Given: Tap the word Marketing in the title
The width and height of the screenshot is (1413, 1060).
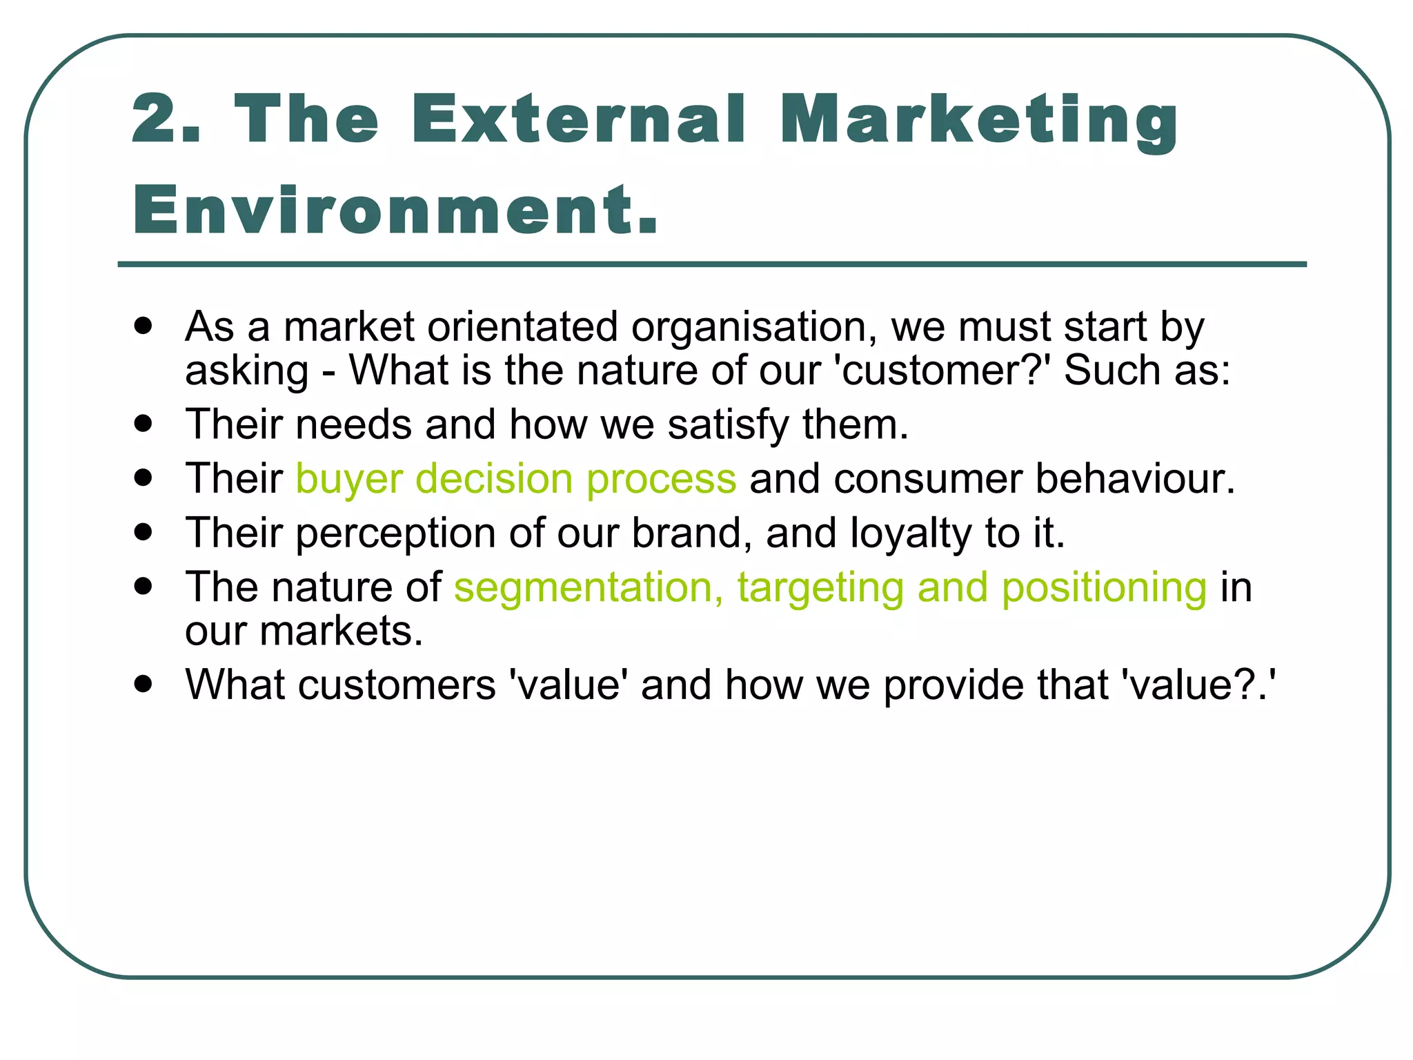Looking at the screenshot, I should pos(980,121).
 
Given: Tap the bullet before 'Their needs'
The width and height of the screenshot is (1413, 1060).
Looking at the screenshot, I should pos(144,422).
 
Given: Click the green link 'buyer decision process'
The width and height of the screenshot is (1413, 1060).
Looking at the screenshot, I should pos(516,478).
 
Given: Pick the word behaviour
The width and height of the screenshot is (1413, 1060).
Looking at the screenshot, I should pos(1134,478).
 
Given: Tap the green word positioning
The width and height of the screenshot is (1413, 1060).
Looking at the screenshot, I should pos(1104,587).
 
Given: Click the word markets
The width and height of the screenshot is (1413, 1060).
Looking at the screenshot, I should pos(341,631).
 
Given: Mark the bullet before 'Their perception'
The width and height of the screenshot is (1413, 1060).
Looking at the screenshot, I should pos(144,532).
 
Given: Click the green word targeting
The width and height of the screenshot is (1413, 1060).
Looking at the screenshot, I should pos(820,589).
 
